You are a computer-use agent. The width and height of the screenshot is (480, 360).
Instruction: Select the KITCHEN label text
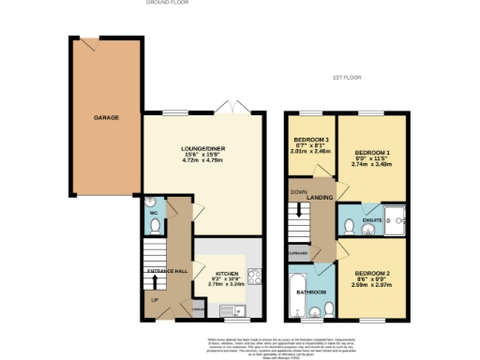225,269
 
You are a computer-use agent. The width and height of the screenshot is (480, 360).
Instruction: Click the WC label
154,212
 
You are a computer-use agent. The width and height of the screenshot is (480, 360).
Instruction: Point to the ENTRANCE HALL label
169,272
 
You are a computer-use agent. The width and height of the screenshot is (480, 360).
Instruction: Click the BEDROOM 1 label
371,151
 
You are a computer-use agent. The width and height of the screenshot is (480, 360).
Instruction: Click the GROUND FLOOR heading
169,3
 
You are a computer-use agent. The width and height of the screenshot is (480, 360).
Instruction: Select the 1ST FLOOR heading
346,77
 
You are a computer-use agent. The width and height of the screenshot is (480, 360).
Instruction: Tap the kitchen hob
252,277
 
